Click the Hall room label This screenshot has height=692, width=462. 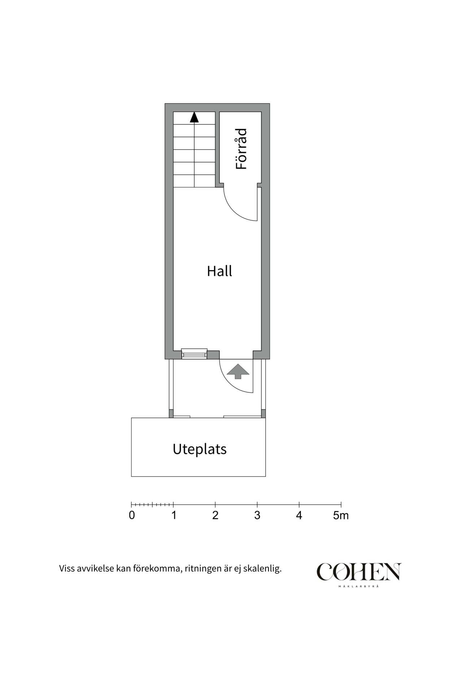pyautogui.click(x=219, y=271)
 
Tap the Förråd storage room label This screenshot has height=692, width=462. pyautogui.click(x=241, y=149)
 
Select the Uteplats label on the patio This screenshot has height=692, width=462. pyautogui.click(x=200, y=449)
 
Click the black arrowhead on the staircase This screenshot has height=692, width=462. pyautogui.click(x=194, y=117)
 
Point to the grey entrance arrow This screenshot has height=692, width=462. pyautogui.click(x=238, y=371)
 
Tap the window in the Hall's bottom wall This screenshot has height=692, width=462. pyautogui.click(x=194, y=354)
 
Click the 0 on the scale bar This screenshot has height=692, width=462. pyautogui.click(x=132, y=515)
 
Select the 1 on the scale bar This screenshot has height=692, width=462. pyautogui.click(x=174, y=515)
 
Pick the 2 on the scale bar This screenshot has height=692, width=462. pyautogui.click(x=215, y=515)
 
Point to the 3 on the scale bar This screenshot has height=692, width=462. pyautogui.click(x=257, y=515)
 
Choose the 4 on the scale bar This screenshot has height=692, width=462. pyautogui.click(x=299, y=515)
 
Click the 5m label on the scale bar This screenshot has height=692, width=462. pyautogui.click(x=341, y=515)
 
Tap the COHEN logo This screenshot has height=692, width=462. pyautogui.click(x=359, y=572)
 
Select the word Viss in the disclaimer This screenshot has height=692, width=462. pyautogui.click(x=67, y=569)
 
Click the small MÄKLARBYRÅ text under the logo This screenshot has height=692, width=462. pyautogui.click(x=359, y=587)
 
